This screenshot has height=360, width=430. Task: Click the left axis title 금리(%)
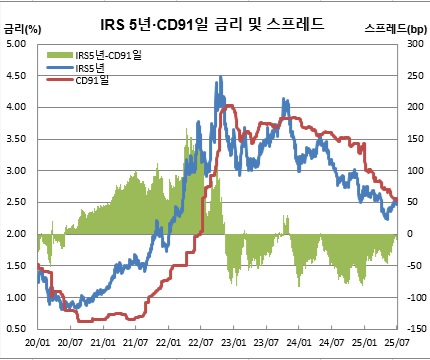22,32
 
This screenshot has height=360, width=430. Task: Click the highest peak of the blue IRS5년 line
219,77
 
